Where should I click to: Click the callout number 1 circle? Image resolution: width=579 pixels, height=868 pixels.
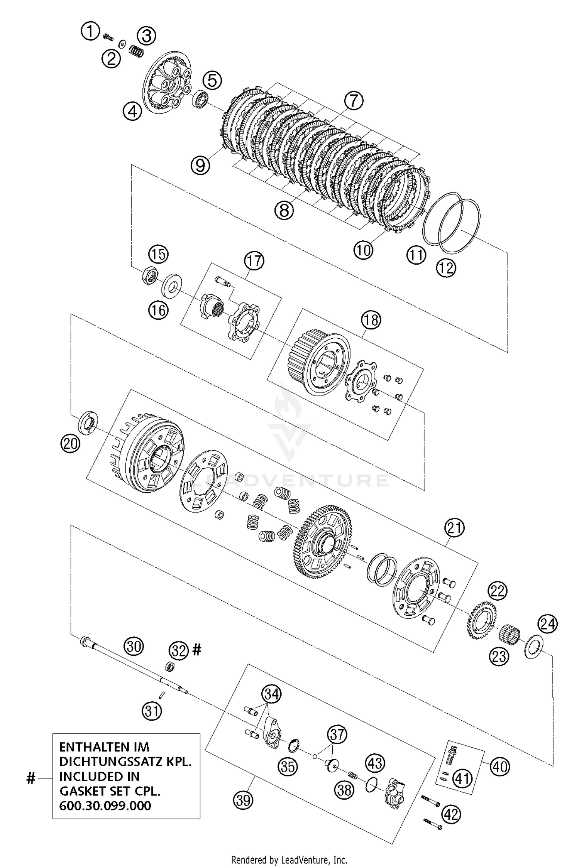(90, 31)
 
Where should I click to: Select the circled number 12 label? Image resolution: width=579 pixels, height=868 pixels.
(446, 267)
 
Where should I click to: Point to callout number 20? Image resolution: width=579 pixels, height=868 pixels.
(70, 444)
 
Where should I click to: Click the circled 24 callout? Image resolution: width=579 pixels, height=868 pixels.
(548, 625)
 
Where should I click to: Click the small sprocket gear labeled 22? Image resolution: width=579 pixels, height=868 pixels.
(482, 616)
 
